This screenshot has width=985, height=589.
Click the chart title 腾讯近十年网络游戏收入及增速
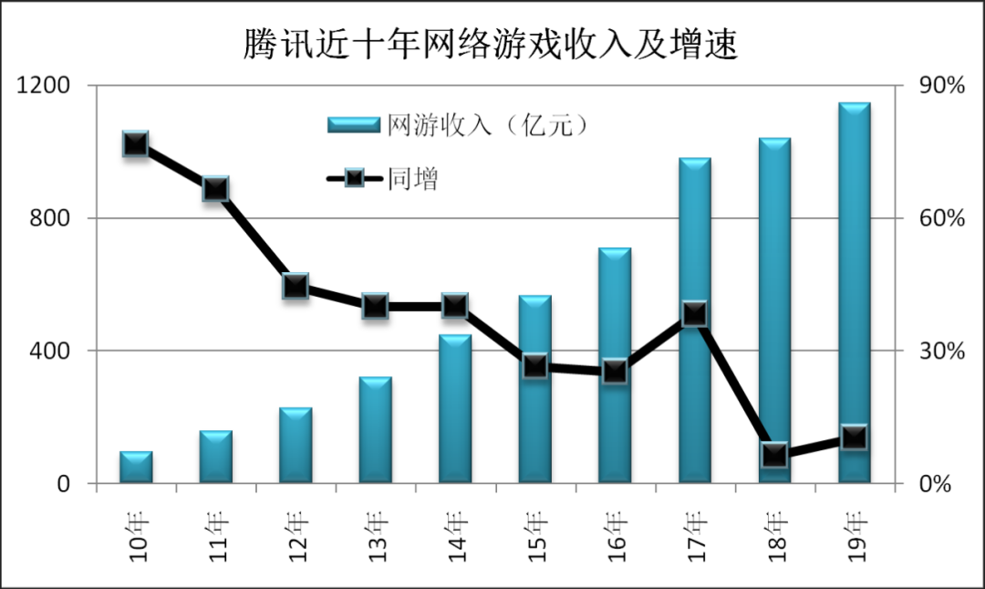pos(490,45)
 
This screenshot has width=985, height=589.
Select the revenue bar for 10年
pos(136,467)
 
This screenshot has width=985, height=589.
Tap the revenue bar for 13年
pos(375,429)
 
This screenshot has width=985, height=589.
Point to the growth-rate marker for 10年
pos(136,144)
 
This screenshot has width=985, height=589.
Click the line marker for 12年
pos(295,286)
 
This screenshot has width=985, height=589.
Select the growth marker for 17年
pos(695,314)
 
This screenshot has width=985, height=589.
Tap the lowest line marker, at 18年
pos(774,454)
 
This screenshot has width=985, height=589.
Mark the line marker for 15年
pos(535,366)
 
